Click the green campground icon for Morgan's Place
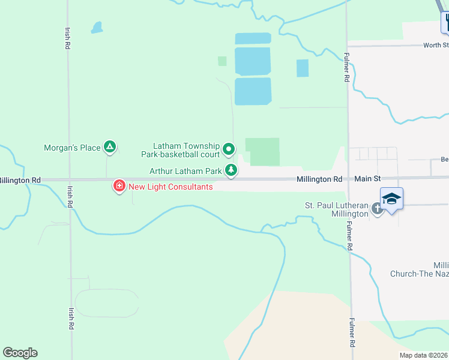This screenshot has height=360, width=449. coord(109,146)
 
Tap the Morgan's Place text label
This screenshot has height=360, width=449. coord(72,148)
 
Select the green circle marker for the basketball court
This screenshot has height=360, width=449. coord(228,148)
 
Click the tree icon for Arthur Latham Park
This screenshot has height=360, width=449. coord(231,171)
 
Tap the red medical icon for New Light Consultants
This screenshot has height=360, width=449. coord(119,187)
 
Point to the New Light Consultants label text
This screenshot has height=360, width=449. coord(170,187)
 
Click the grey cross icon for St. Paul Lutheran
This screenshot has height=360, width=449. coord(376,209)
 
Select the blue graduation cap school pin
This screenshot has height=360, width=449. coord(391,199)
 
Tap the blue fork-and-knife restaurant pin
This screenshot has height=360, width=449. coord(446,23)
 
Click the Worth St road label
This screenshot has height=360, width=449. coord(435,45)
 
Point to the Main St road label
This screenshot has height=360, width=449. coord(367,179)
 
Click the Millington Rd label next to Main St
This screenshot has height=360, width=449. coord(319,179)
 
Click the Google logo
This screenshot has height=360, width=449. coord(20,352)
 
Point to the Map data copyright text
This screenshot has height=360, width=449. coord(423,355)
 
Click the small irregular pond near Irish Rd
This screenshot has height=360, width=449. coord(96,28)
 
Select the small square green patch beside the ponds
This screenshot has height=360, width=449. coord(222,61)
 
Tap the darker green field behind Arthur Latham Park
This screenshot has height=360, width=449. coord(262,152)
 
